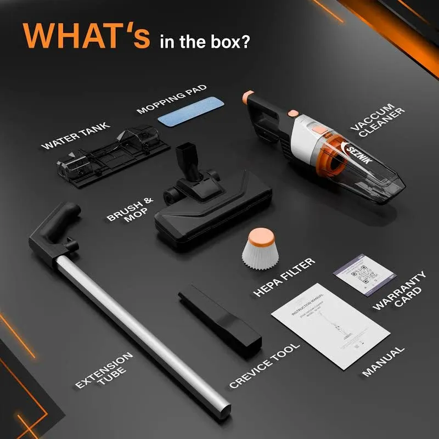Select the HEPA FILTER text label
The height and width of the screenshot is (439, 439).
(285, 278)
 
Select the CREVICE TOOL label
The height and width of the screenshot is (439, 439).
(265, 365)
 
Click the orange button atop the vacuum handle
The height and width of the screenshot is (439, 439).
(247, 95)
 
